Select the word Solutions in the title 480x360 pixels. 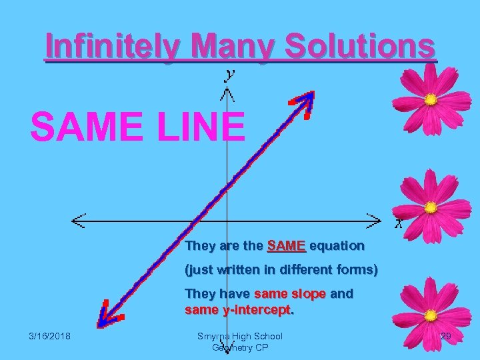[x=361, y=47]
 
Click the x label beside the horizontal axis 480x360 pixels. [x=398, y=223]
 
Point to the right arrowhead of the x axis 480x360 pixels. [x=376, y=219]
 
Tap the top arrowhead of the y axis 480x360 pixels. [x=227, y=93]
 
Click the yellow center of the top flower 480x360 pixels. [x=431, y=100]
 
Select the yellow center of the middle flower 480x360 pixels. [x=431, y=207]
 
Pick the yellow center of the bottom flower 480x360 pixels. [x=431, y=315]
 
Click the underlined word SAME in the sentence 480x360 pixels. [x=286, y=246]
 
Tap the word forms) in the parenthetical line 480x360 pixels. [x=356, y=271]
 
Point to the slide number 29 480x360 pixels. [x=445, y=337]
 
